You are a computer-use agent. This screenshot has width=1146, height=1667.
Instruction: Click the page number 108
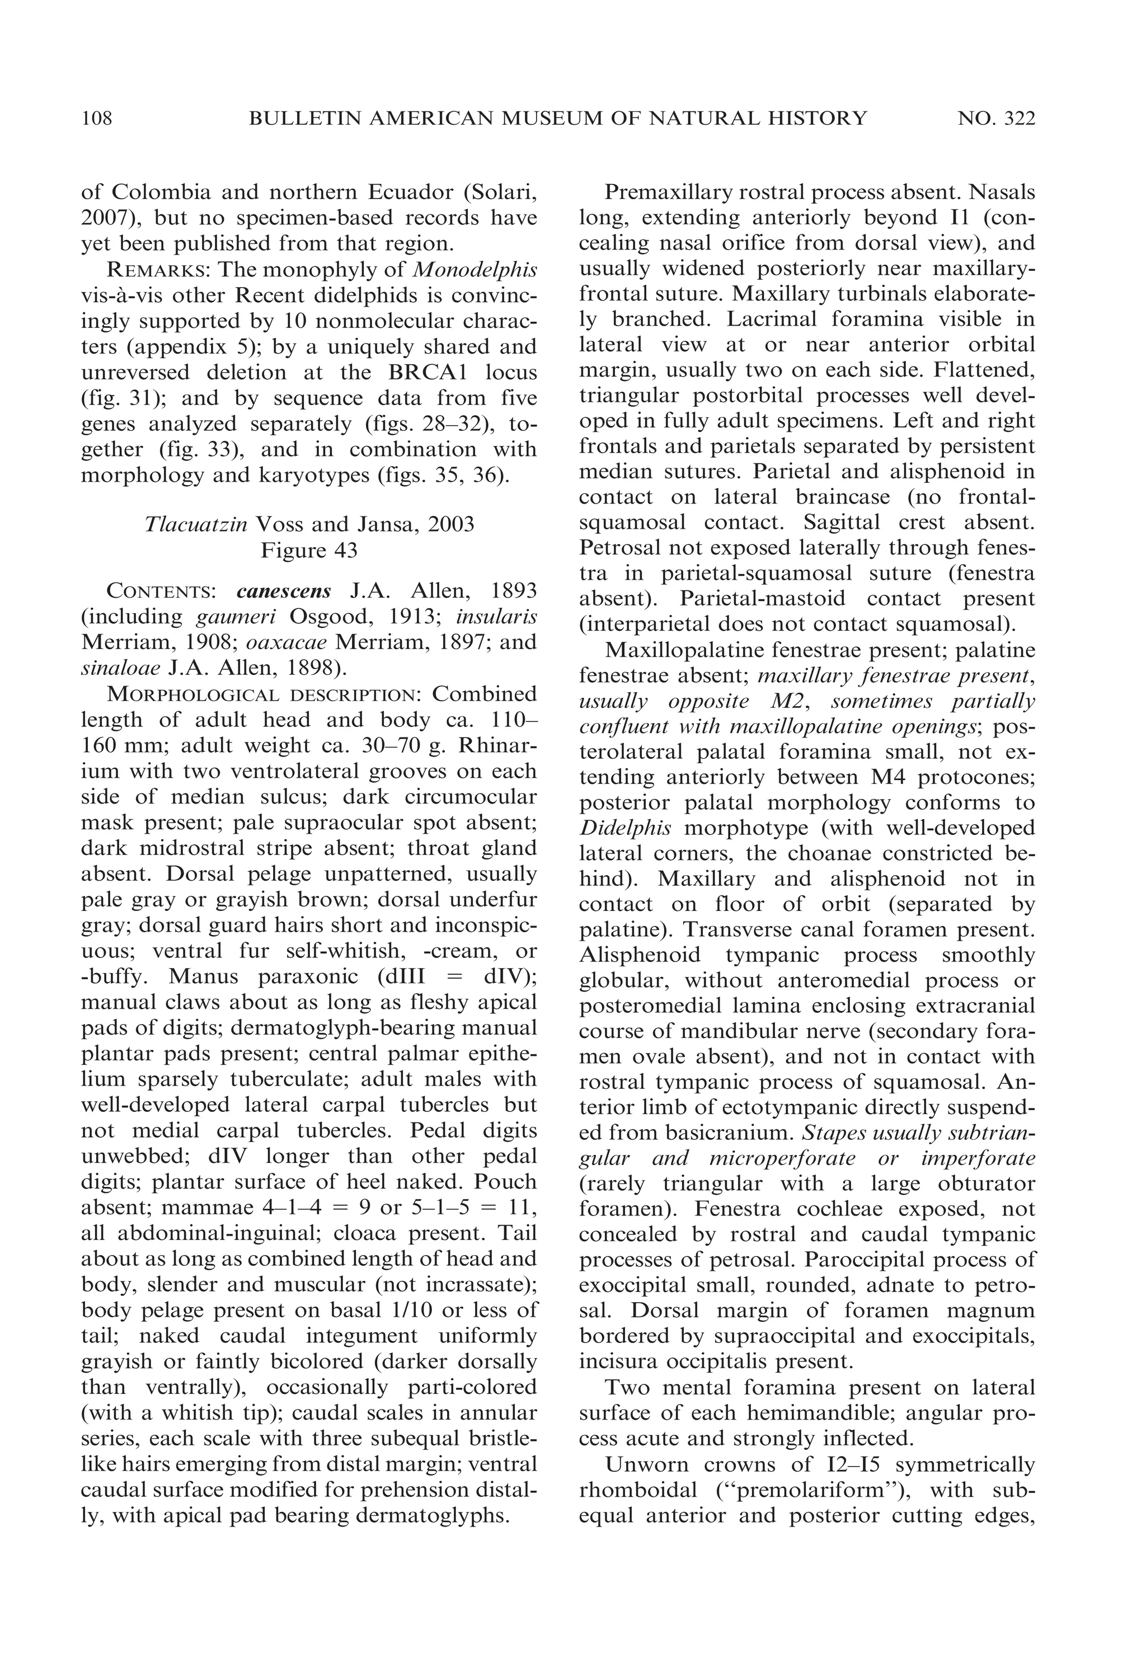97,118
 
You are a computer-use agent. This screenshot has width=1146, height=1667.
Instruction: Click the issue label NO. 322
996,118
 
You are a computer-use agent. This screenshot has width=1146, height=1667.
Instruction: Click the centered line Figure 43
309,550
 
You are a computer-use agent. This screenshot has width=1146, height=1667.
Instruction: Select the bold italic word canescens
284,591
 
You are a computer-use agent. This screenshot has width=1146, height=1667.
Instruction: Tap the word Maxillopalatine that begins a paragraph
677,650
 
